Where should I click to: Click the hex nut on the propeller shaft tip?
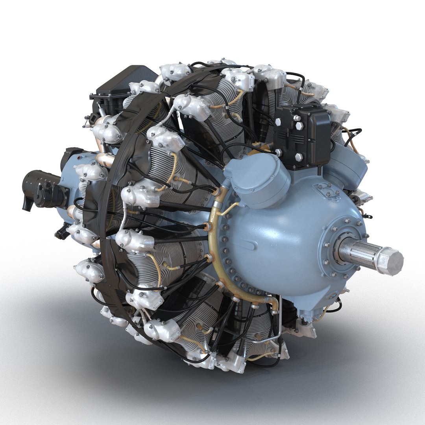click(390, 261)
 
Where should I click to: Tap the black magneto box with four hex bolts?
click(303, 136)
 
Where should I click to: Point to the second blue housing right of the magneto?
click(344, 167)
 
